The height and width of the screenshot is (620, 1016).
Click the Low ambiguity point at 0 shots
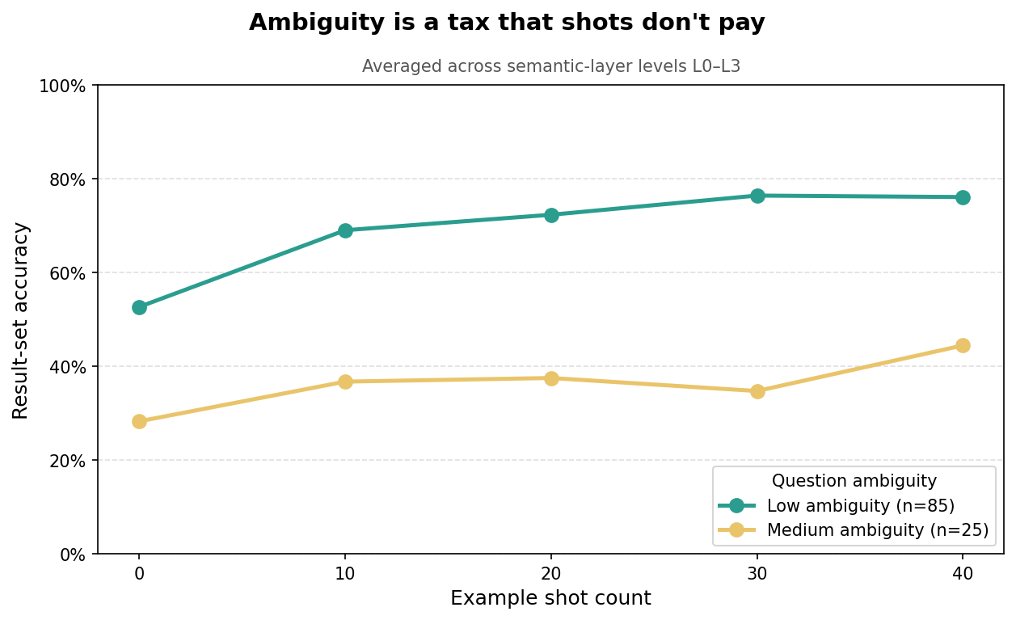[139, 307]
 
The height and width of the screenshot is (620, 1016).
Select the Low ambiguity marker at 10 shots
[345, 230]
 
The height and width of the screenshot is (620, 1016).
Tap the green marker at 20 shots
[551, 215]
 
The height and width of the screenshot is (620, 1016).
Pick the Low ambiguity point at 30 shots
[757, 196]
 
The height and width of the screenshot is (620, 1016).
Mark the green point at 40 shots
[963, 197]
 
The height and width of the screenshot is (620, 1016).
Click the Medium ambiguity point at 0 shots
[139, 421]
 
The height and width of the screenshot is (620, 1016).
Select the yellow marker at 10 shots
[345, 382]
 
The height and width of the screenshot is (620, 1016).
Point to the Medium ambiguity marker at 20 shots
[551, 378]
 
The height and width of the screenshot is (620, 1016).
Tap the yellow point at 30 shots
[757, 391]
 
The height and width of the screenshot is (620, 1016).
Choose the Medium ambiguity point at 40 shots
[963, 345]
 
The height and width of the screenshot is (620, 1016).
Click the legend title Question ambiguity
[854, 482]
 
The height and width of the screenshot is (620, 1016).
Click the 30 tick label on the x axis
[757, 573]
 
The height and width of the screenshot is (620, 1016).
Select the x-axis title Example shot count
[550, 599]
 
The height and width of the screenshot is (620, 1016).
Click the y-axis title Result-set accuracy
[21, 320]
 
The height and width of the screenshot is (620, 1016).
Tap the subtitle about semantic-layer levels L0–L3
[550, 67]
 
